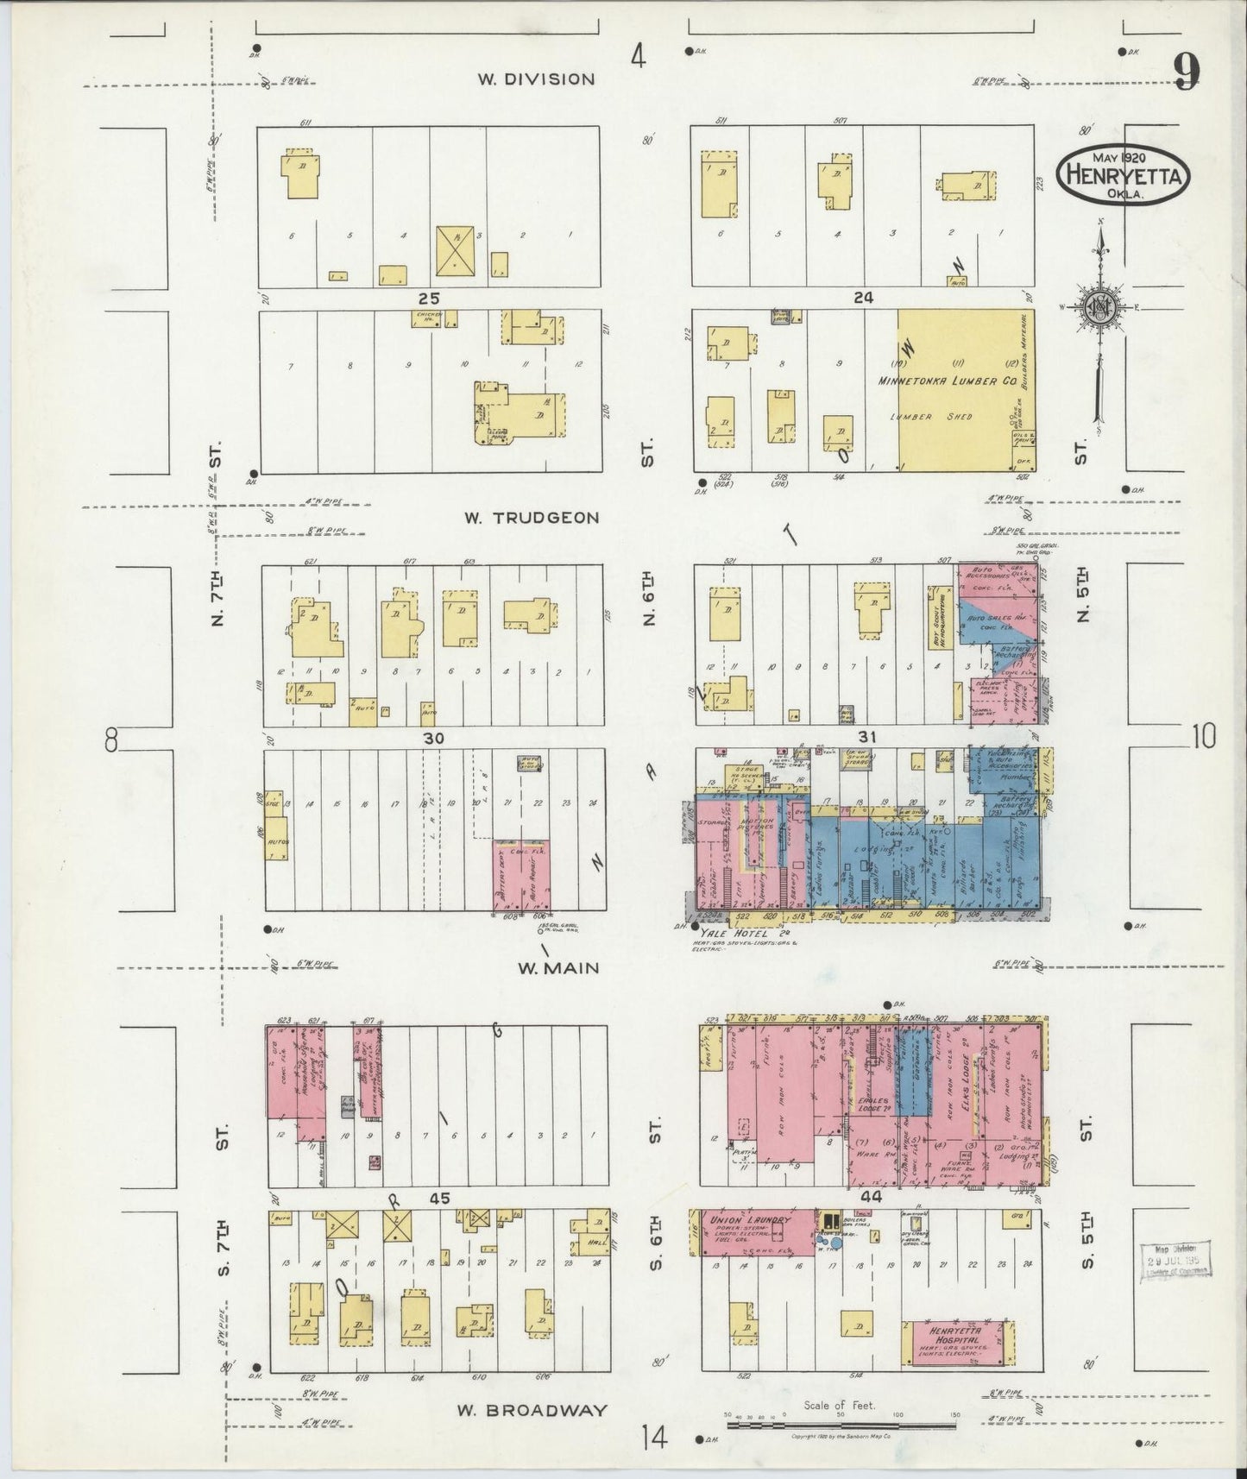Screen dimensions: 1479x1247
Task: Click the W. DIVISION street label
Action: coord(537,79)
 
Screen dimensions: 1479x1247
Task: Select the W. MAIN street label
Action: coord(558,967)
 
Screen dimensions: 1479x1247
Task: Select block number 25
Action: coord(430,298)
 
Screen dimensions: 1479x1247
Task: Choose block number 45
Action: coord(440,1199)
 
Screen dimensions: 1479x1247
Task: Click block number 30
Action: coord(433,739)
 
